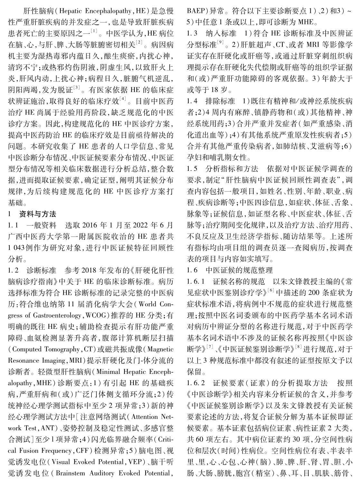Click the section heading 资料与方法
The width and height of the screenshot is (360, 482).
pyautogui.click(x=38, y=214)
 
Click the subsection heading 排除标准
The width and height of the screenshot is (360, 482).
pyautogui.click(x=221, y=101)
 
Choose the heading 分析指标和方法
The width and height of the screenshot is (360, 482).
pyautogui.click(x=232, y=169)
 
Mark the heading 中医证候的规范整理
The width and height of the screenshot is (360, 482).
pyautogui.click(x=239, y=270)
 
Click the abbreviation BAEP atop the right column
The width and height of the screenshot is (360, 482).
pyautogui.click(x=195, y=10)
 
